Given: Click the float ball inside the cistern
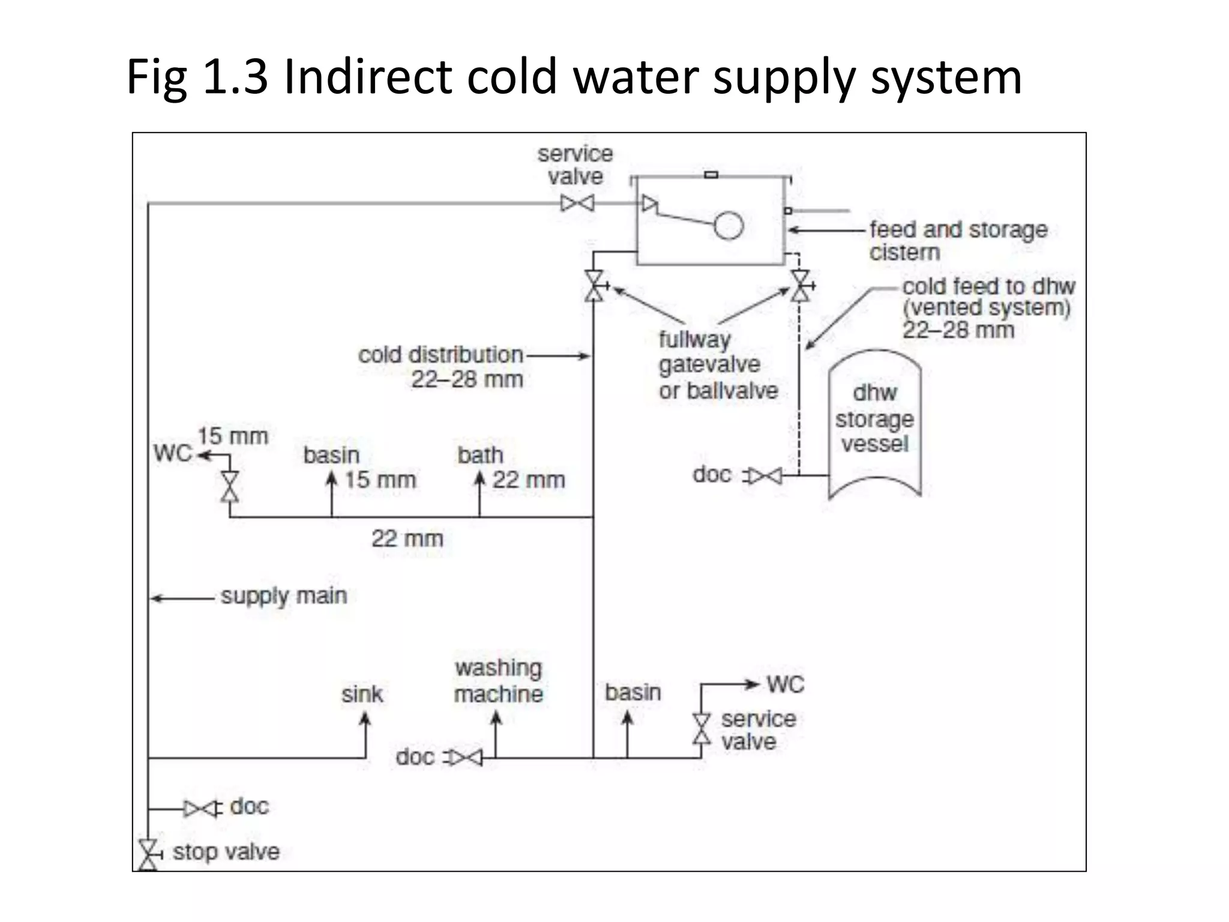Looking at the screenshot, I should tap(728, 226).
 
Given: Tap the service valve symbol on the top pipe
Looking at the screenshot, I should tap(577, 203).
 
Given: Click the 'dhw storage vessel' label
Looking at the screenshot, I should tap(874, 418).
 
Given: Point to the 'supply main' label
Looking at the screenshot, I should tap(284, 596).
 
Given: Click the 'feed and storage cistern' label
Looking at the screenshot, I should tap(958, 240).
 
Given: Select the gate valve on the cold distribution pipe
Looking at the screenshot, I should tap(595, 286).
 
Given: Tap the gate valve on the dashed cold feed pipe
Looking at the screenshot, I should tap(800, 286).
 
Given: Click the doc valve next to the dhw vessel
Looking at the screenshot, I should tap(764, 476).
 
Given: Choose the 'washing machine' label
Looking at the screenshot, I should tap(498, 681).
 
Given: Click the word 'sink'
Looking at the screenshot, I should tap(362, 695).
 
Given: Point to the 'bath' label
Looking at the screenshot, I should tap(480, 455).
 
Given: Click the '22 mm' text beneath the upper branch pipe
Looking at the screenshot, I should tap(407, 538).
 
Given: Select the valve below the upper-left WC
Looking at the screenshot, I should tap(230, 486).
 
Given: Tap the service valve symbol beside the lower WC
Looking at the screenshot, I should tap(701, 729).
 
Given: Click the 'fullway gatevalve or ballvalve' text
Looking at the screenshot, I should tap(718, 365).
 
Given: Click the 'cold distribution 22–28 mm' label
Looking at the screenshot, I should tap(441, 367).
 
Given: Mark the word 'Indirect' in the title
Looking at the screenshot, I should tap(367, 77).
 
